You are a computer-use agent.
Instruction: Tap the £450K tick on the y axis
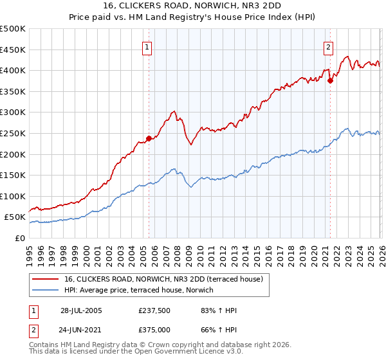[x=13, y=50]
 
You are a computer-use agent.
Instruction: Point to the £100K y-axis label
[x=13, y=196]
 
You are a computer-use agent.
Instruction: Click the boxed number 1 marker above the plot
[x=148, y=47]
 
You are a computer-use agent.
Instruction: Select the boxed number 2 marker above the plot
[x=329, y=47]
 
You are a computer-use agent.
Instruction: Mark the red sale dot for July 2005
[x=149, y=138]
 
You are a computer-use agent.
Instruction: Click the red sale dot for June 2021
[x=330, y=80]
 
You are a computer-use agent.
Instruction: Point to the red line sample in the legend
[x=46, y=279]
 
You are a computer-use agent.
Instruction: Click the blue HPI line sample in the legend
[x=46, y=290]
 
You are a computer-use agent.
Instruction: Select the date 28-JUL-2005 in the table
[x=81, y=311]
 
